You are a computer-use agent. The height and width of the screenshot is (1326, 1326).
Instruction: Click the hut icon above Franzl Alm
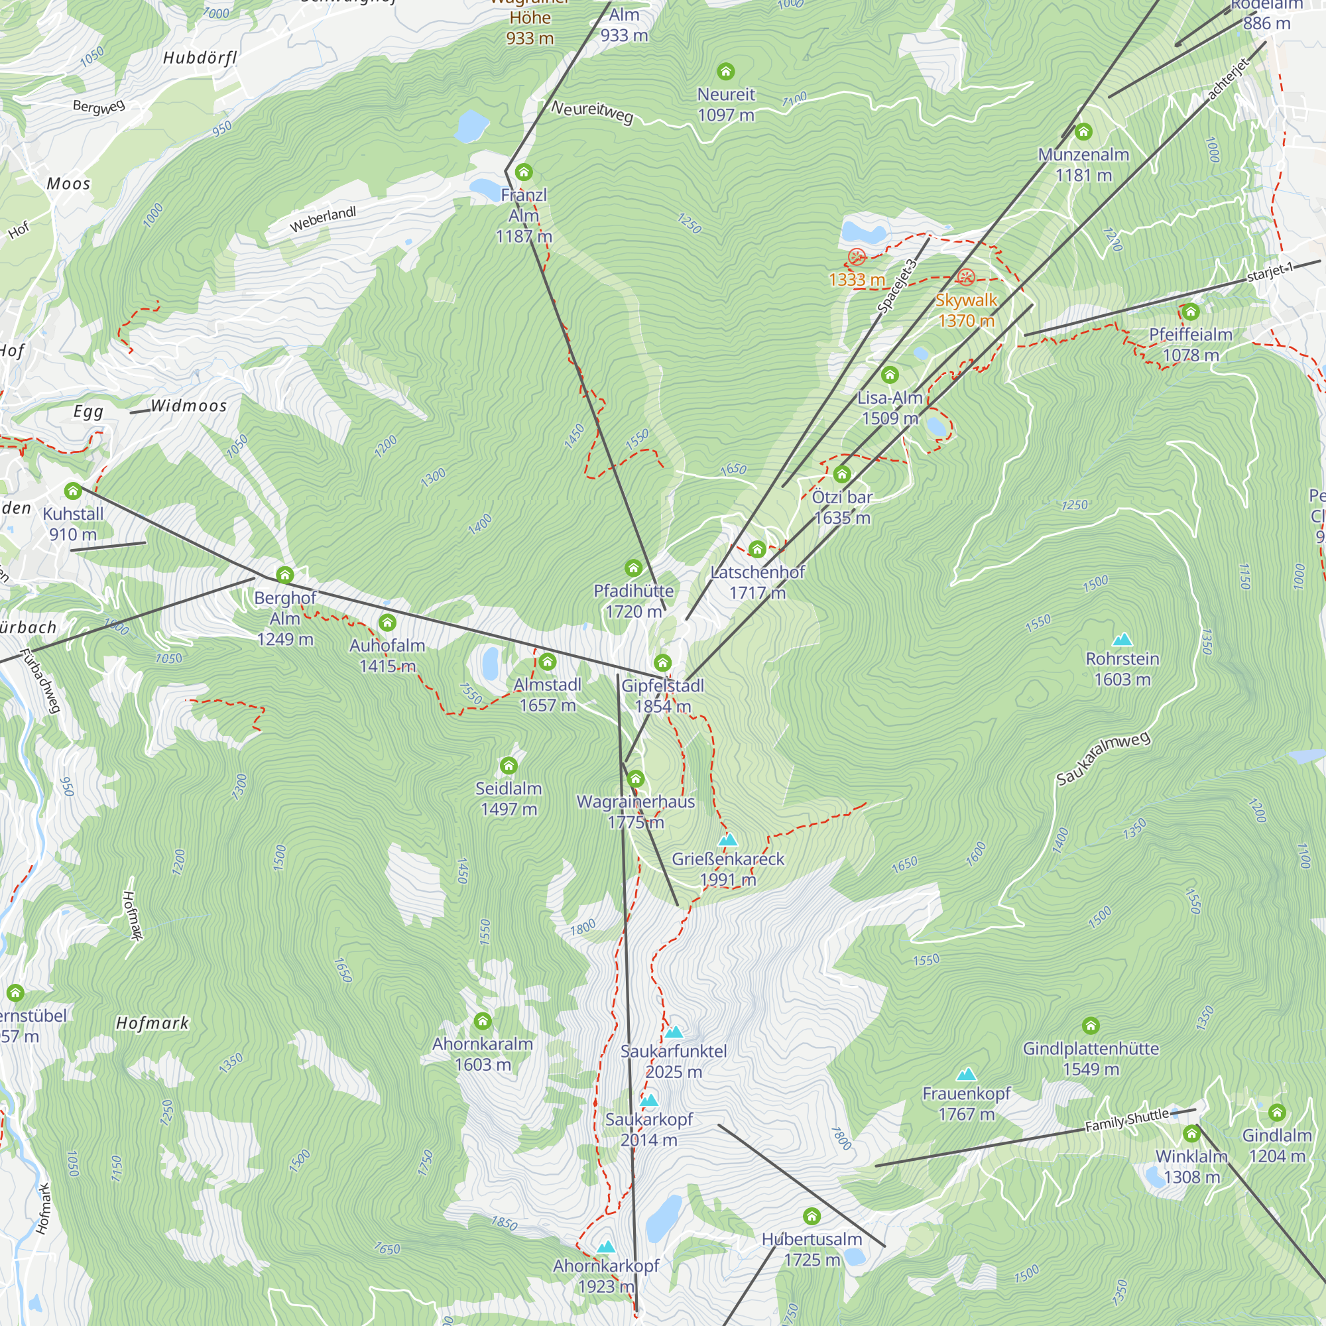[x=524, y=172]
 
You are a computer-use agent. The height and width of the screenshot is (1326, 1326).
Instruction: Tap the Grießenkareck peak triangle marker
[x=727, y=839]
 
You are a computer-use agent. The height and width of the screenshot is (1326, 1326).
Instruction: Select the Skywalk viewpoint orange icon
[x=966, y=278]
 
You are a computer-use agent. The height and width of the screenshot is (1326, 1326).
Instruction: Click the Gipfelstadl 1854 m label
[x=662, y=695]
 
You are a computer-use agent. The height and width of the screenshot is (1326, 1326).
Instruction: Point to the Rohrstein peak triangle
[x=1122, y=640]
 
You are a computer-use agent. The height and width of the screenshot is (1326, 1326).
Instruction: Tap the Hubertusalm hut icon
[x=812, y=1217]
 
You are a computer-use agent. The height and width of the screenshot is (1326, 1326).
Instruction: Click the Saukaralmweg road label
[x=1103, y=758]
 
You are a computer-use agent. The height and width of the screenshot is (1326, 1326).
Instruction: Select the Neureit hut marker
[x=725, y=72]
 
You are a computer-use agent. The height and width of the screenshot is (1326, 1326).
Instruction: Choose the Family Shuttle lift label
[x=1126, y=1120]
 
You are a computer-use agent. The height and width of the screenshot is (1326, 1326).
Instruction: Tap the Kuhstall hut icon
[x=73, y=491]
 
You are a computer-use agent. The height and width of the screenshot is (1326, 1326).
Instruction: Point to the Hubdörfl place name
[x=200, y=58]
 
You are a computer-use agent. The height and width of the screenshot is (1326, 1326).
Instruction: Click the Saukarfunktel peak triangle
[x=674, y=1032]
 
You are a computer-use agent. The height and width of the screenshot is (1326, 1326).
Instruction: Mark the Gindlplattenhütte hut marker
[x=1091, y=1026]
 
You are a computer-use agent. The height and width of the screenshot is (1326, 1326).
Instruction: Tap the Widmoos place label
[x=189, y=406]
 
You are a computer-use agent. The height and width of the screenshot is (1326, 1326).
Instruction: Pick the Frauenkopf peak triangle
[x=967, y=1074]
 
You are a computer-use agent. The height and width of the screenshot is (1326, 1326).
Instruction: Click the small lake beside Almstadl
[x=490, y=663]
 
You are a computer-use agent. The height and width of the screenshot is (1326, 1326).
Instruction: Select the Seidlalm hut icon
[x=509, y=765]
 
